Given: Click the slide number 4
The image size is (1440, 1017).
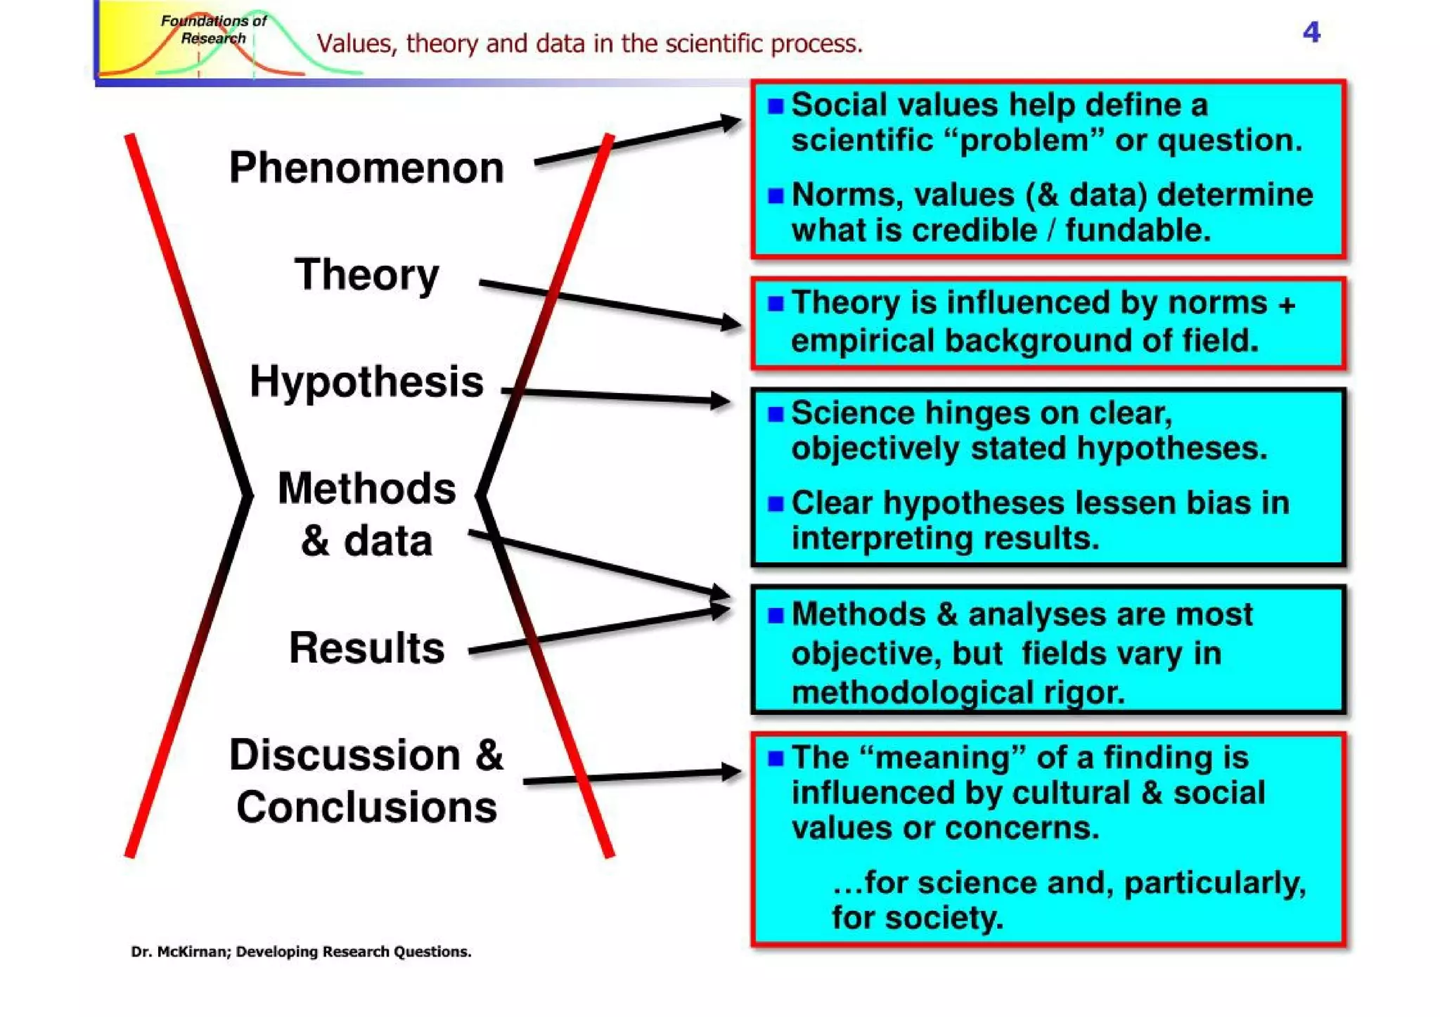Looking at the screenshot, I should [1311, 32].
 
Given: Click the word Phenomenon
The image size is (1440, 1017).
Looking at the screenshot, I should [366, 168].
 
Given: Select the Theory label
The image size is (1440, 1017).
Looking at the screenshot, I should [366, 274].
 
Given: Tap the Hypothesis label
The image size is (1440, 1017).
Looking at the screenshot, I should [366, 382].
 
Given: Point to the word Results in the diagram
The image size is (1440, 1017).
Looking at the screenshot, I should [366, 647].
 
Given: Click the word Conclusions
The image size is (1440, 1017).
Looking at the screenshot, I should [366, 807].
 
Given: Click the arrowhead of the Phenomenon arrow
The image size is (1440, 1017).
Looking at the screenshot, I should [731, 123].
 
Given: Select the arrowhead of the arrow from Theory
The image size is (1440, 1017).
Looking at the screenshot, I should [731, 323].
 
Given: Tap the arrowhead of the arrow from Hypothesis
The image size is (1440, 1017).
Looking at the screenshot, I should [721, 401].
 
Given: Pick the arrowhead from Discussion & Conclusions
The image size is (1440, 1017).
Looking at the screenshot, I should [731, 772].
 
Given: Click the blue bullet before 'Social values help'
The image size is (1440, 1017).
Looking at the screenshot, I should [776, 106].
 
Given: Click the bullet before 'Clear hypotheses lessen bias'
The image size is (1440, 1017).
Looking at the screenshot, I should [776, 504].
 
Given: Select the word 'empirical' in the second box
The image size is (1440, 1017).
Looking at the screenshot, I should [861, 341].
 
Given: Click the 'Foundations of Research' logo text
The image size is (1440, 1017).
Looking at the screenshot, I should [213, 30].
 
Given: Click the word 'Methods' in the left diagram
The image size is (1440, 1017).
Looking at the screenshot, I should [366, 488].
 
